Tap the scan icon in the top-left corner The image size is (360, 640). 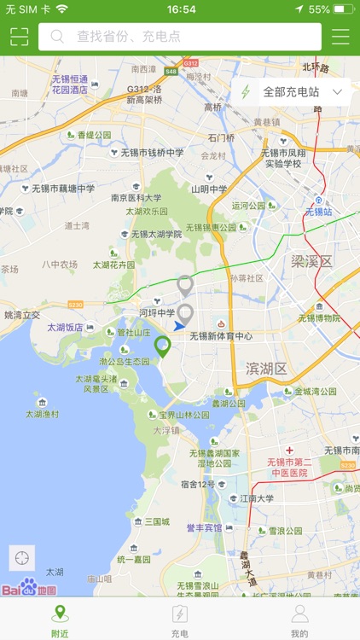point(19,37)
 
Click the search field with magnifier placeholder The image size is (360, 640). point(180,37)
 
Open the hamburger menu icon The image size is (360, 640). point(340,37)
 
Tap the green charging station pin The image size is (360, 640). point(162,346)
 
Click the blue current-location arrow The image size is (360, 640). point(179,326)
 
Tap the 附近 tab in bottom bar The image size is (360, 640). point(60,620)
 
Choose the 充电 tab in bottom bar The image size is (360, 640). point(179,620)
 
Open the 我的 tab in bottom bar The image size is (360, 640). point(299,620)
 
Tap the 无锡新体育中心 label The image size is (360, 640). point(221,336)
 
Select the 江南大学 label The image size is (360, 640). point(257,498)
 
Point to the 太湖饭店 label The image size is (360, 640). point(66,327)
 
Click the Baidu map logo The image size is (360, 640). point(29,588)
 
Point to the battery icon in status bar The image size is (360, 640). point(343,9)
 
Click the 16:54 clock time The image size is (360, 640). point(181,9)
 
